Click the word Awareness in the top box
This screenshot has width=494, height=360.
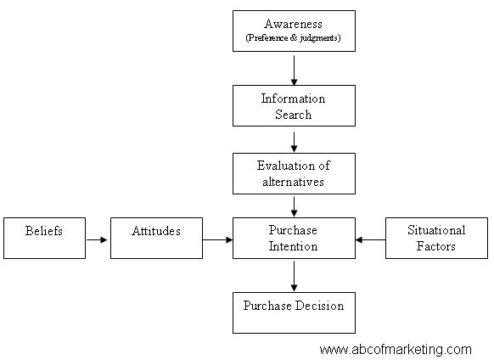[294, 24]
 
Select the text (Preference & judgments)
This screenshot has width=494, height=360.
[294, 38]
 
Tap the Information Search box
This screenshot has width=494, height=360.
[294, 105]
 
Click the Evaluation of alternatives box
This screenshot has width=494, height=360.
[294, 174]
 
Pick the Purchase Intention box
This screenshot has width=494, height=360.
[294, 238]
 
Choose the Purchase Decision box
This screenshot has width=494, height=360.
[294, 312]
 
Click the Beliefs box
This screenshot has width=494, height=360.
[44, 238]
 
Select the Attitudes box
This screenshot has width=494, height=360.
[156, 238]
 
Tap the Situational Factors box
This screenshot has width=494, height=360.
[436, 238]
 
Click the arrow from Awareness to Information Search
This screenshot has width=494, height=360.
[294, 70]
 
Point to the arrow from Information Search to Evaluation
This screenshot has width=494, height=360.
[294, 142]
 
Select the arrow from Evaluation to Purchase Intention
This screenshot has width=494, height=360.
[294, 206]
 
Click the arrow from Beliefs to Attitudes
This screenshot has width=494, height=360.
[97, 240]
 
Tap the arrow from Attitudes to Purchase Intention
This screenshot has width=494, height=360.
[217, 240]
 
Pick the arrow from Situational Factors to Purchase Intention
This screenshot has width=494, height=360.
[370, 240]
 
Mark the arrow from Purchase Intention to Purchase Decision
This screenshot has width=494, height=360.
[294, 276]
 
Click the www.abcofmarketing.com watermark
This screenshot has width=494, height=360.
[396, 350]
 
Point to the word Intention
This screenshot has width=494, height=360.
[294, 246]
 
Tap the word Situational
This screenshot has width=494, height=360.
[436, 230]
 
